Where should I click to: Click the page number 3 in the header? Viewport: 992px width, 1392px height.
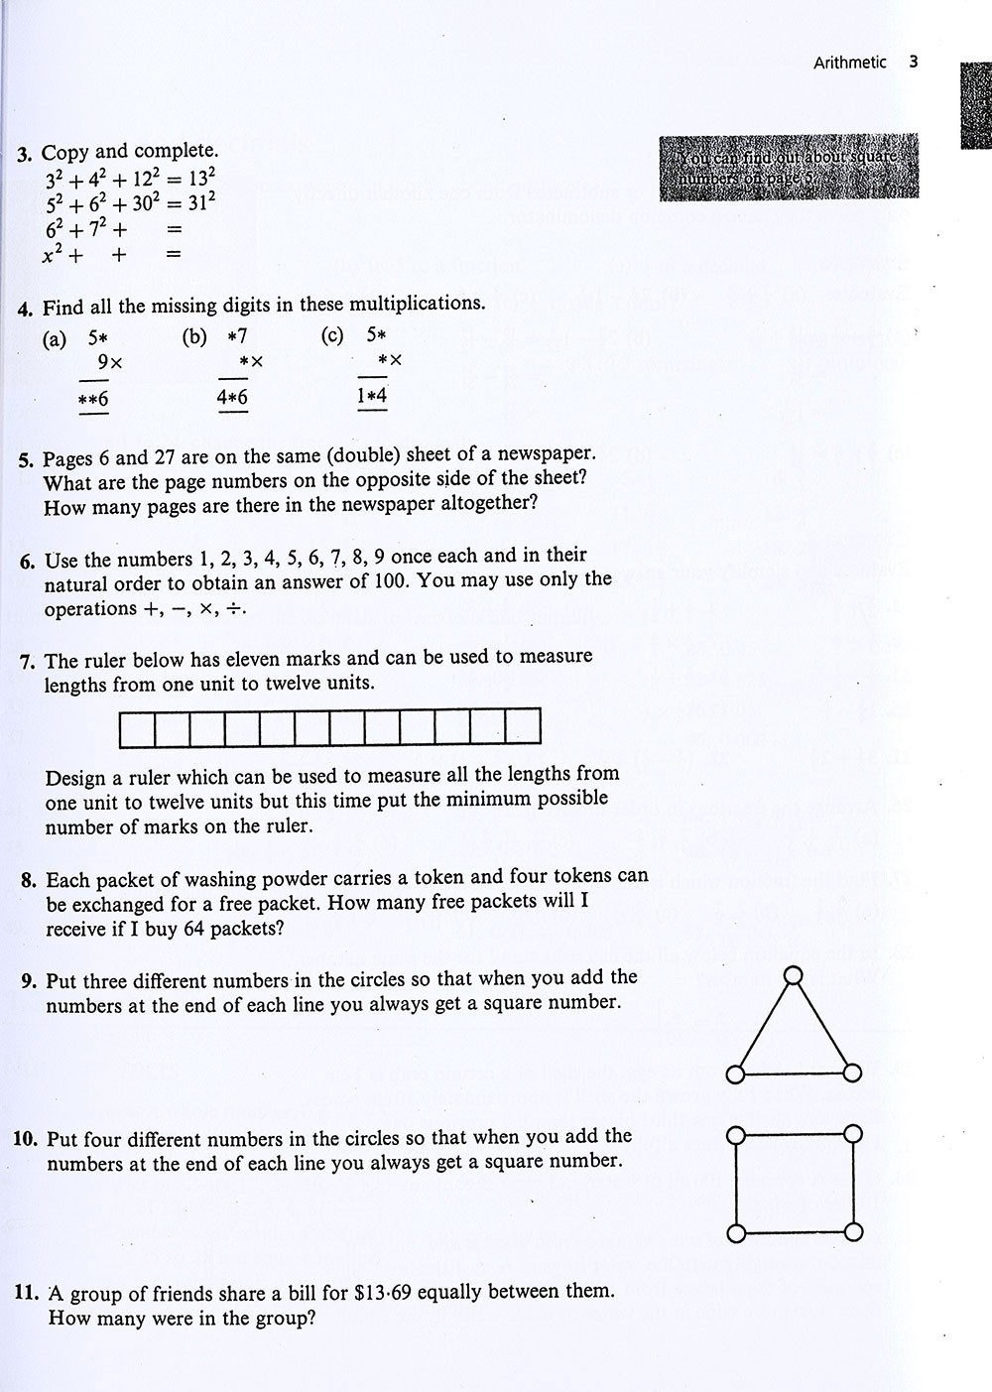click(x=913, y=62)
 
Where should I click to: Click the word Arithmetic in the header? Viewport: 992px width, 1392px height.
click(x=849, y=63)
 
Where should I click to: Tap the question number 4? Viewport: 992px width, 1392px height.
click(x=25, y=308)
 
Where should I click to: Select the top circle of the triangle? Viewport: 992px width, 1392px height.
click(x=793, y=976)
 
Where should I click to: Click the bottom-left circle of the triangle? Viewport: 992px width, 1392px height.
click(x=735, y=1074)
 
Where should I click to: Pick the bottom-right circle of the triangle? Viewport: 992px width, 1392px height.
click(x=853, y=1074)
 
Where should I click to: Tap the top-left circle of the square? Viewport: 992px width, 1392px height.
click(x=736, y=1135)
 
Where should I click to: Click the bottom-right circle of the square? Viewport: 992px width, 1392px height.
click(x=853, y=1232)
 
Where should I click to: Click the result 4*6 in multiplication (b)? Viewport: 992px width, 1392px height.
click(x=232, y=397)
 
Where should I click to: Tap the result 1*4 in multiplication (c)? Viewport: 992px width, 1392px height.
click(x=372, y=395)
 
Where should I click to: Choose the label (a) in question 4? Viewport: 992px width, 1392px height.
click(x=55, y=339)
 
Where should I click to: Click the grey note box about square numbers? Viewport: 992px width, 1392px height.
click(x=789, y=166)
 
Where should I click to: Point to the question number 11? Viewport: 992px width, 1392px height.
click(x=26, y=1293)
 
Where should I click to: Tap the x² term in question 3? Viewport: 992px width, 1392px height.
click(x=54, y=254)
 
